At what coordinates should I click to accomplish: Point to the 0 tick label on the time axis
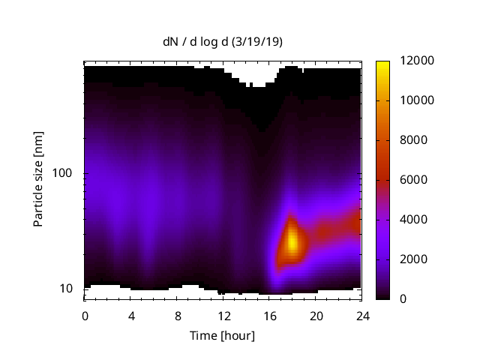85,315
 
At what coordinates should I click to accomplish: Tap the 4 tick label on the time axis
131,315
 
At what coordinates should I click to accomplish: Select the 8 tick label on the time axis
178,315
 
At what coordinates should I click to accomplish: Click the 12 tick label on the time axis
223,315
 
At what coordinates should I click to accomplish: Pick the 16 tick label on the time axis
270,315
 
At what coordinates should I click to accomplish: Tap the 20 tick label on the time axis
316,315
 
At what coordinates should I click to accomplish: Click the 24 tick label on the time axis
362,315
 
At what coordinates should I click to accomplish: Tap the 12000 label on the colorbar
407,61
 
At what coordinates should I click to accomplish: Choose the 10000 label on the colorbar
407,100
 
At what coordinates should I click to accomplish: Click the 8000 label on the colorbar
404,140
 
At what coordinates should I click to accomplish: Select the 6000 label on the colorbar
404,180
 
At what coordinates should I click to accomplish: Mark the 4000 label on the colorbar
404,220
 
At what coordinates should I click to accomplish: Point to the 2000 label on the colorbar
404,259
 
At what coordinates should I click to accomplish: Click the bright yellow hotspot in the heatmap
292,241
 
